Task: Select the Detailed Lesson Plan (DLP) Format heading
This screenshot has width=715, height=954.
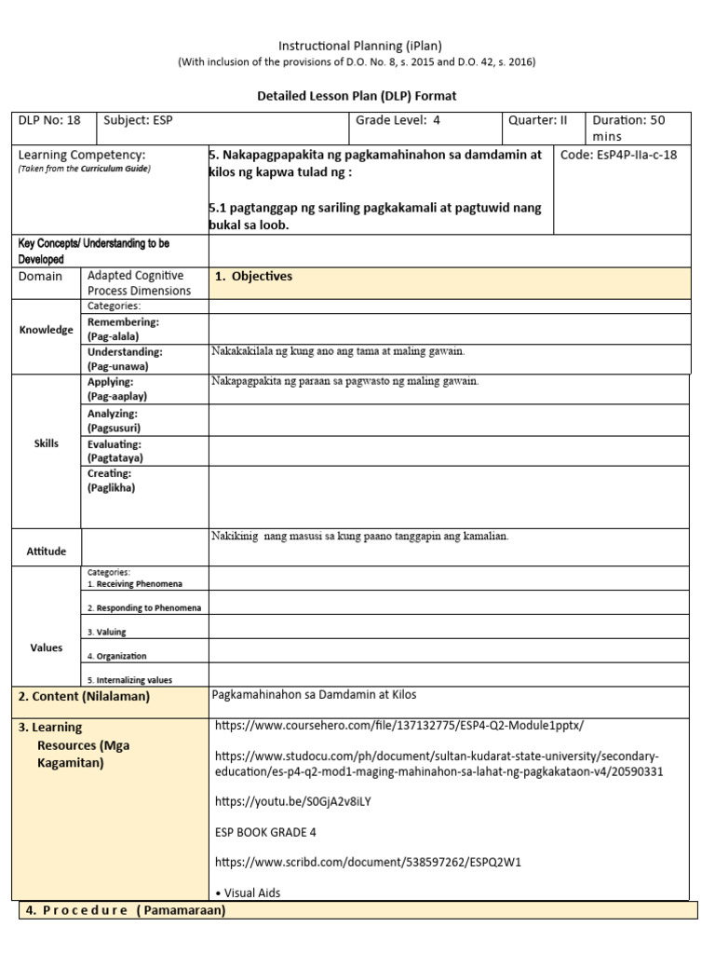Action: click(357, 96)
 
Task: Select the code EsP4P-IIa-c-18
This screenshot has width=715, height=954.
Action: click(619, 155)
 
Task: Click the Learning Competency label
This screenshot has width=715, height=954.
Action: click(82, 155)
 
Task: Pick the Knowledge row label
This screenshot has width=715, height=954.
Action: click(47, 330)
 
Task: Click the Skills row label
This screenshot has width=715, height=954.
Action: click(47, 443)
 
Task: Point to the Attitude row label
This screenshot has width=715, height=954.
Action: click(47, 552)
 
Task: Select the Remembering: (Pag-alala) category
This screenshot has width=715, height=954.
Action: click(123, 328)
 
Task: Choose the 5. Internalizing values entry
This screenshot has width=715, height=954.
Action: click(129, 680)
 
